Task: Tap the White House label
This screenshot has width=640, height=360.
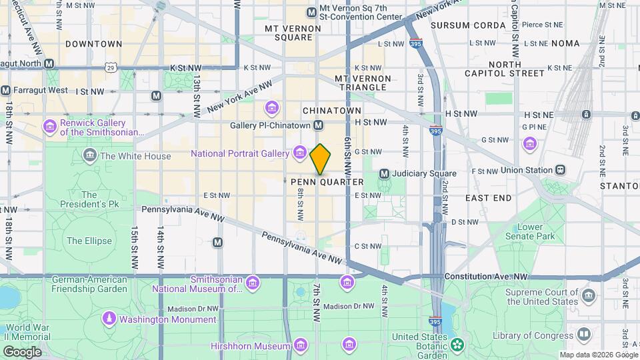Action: [x=135, y=156]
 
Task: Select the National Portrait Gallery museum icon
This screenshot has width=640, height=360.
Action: [x=299, y=154]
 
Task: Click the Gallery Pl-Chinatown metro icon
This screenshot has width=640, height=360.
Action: [x=319, y=125]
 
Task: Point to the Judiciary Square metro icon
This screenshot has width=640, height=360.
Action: [x=384, y=174]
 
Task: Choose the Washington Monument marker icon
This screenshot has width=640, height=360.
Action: [x=109, y=319]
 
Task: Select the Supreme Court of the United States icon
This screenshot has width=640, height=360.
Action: [x=587, y=295]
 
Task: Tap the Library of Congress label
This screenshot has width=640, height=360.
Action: [x=533, y=335]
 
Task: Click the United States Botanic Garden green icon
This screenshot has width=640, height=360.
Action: [x=457, y=345]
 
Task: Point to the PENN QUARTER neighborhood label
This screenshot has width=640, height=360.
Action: [x=327, y=182]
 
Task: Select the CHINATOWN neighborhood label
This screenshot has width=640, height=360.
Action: [x=331, y=111]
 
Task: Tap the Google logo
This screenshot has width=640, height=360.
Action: [x=21, y=351]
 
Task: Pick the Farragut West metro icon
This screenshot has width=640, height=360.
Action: [x=6, y=90]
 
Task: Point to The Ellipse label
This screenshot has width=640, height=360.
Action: [x=89, y=241]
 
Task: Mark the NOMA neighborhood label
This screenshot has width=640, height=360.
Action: [x=565, y=43]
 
